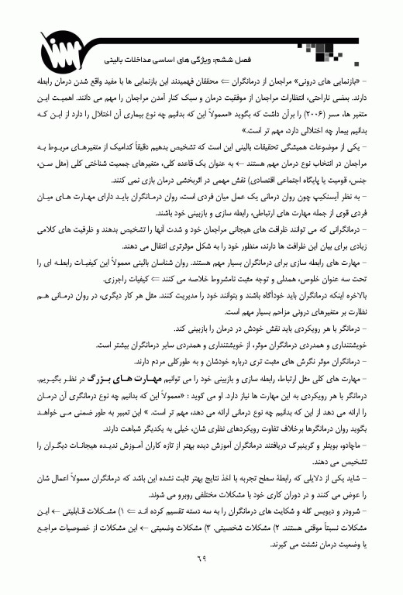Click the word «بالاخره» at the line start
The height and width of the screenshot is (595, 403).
(x=367, y=295)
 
